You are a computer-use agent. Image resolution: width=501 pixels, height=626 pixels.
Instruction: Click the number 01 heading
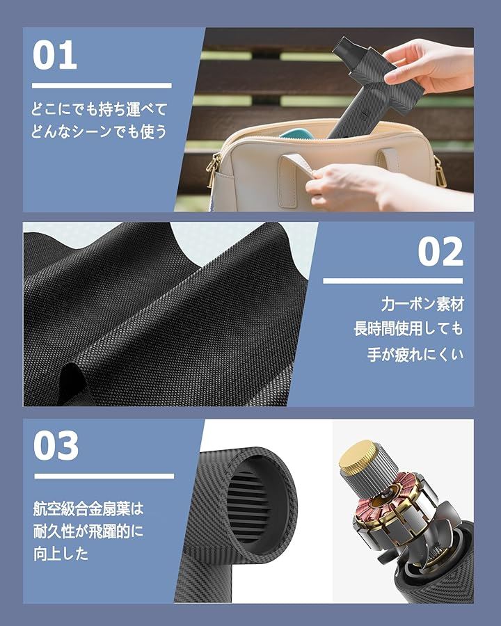click(55, 55)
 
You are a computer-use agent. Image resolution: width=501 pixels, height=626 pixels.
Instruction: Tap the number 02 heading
click(440, 252)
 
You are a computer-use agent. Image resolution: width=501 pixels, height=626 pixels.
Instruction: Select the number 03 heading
click(56, 446)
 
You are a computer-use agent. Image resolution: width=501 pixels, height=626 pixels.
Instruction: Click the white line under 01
click(102, 86)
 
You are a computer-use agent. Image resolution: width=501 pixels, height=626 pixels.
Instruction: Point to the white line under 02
click(392, 281)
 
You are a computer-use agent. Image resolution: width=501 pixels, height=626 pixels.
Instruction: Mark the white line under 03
click(104, 476)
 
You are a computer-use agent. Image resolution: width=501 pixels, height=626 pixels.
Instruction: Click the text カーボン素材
click(422, 304)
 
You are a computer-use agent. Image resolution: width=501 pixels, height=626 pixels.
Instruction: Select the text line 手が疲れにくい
click(415, 354)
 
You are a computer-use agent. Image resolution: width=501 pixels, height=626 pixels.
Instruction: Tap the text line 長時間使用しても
click(408, 329)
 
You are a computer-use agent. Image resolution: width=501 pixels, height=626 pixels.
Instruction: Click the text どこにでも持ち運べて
click(99, 109)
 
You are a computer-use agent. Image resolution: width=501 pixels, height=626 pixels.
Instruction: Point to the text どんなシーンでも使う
click(99, 131)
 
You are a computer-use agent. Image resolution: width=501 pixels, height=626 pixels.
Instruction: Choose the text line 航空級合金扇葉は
click(88, 508)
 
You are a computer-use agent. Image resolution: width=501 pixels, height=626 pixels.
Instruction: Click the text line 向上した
click(61, 554)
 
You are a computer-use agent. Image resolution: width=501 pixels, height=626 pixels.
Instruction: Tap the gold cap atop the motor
click(358, 455)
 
